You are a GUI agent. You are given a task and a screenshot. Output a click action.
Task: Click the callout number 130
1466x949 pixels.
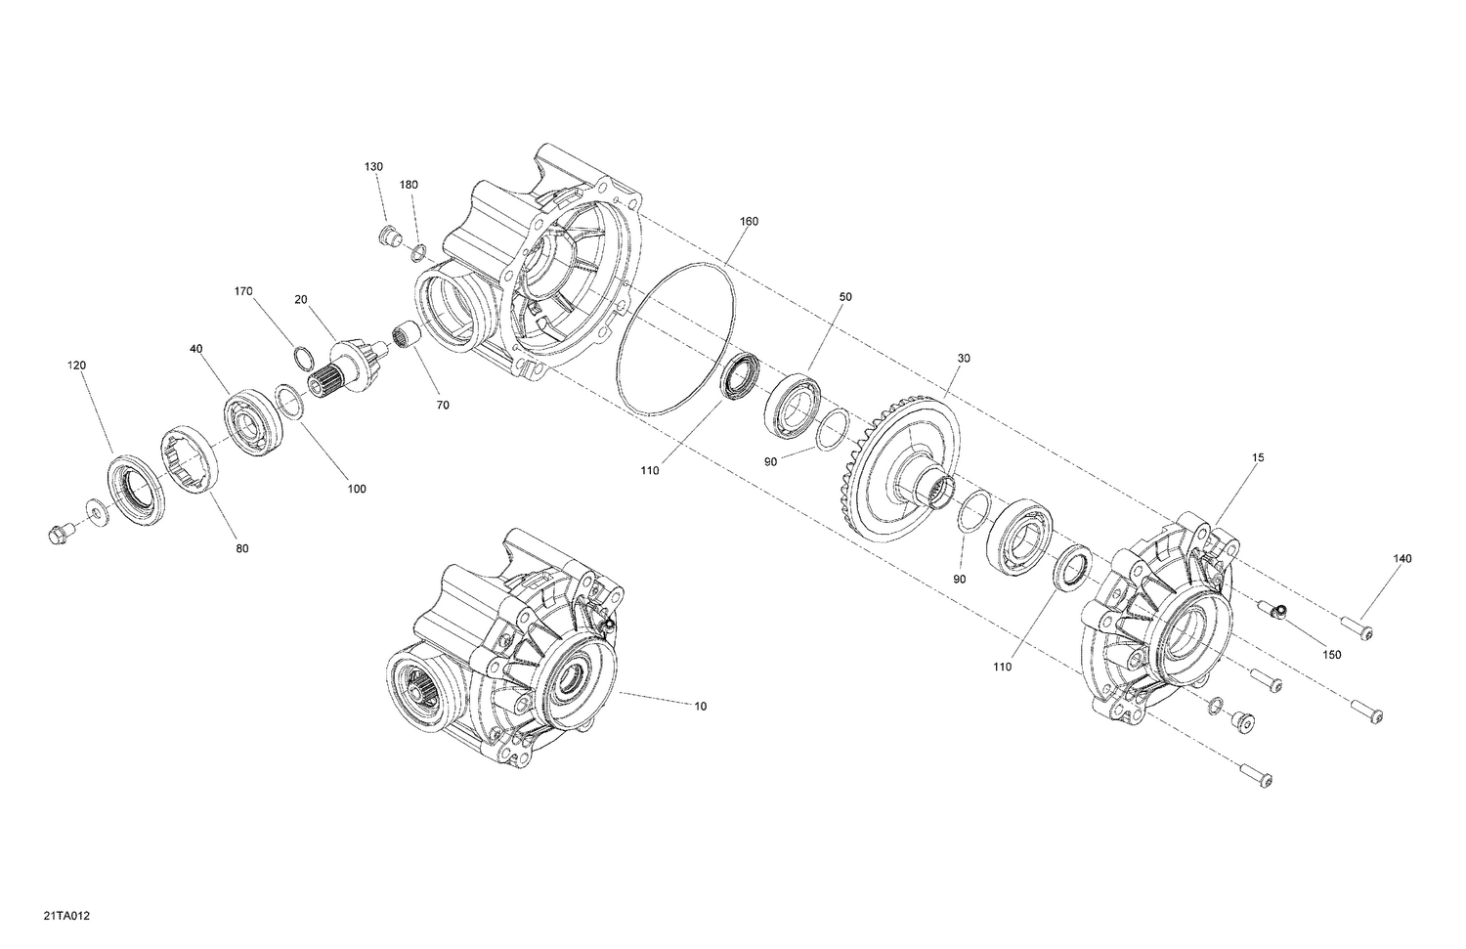[x=374, y=167]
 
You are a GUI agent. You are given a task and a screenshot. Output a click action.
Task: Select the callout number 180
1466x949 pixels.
[x=409, y=185]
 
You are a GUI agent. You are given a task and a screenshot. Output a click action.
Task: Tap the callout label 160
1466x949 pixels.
[x=748, y=222]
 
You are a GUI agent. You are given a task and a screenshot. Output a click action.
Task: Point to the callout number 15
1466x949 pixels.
[x=1258, y=457]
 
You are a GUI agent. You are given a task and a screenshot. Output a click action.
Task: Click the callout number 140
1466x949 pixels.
[x=1402, y=558]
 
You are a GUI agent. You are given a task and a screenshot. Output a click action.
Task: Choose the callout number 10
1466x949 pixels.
[x=700, y=705]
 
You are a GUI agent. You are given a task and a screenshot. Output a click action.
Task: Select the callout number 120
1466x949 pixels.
[x=76, y=366]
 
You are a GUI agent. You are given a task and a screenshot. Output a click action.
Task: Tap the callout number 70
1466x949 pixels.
[x=443, y=405]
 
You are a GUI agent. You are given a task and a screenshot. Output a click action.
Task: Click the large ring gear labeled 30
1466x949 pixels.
[x=894, y=459]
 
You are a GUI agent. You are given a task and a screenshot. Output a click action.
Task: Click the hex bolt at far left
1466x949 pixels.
[x=57, y=533]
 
